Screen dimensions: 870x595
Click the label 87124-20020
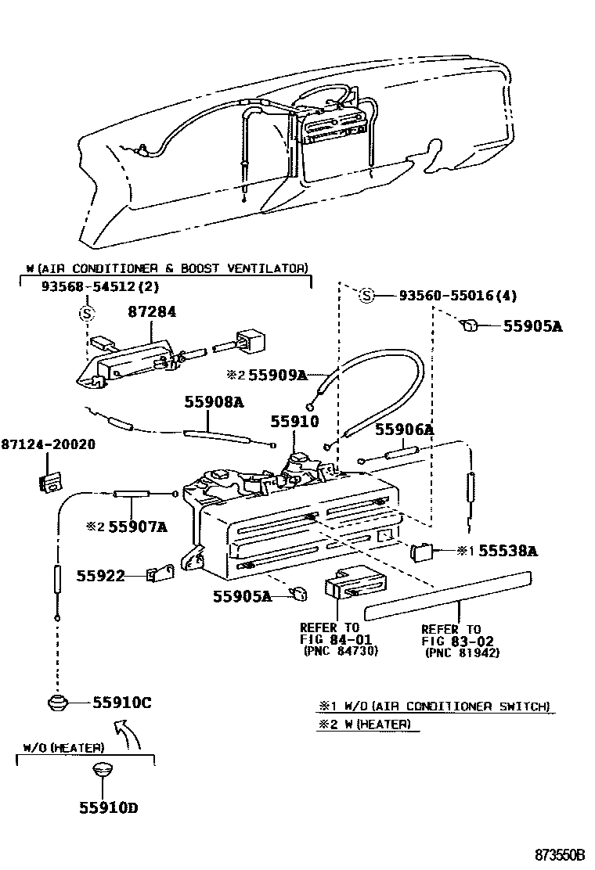(48, 444)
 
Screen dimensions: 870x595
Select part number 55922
(101, 576)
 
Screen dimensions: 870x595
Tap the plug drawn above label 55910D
(100, 770)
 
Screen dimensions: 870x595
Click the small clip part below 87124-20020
(49, 481)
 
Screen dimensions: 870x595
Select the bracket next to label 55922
(160, 573)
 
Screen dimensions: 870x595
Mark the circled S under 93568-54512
(86, 315)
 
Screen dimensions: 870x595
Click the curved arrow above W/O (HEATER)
(129, 735)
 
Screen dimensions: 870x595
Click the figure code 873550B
(560, 855)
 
